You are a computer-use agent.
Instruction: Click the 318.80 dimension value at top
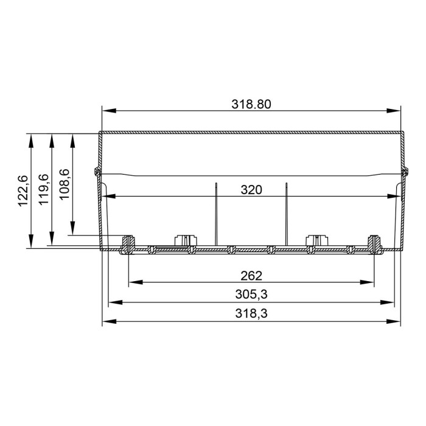[251, 103]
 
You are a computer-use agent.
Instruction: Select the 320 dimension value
[251, 189]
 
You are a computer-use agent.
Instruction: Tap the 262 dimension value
[251, 275]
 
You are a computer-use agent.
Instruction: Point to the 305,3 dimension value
[251, 295]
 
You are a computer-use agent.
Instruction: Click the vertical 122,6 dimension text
[23, 190]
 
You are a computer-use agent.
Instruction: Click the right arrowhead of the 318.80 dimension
[396, 111]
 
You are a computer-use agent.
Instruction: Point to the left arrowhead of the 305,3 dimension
[113, 302]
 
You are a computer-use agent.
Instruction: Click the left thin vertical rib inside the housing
[216, 213]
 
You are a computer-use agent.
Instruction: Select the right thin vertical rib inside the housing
[286, 213]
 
